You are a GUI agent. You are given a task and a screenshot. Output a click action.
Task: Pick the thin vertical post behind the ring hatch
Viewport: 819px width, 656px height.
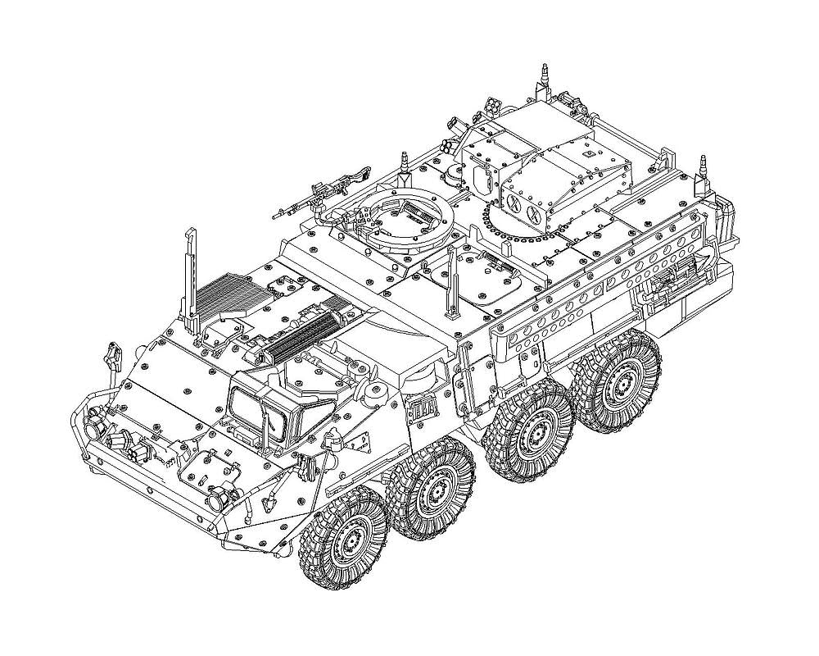click(x=451, y=283)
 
